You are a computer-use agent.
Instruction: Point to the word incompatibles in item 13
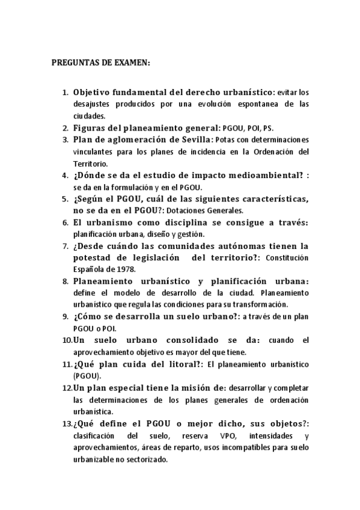point(246,447)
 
